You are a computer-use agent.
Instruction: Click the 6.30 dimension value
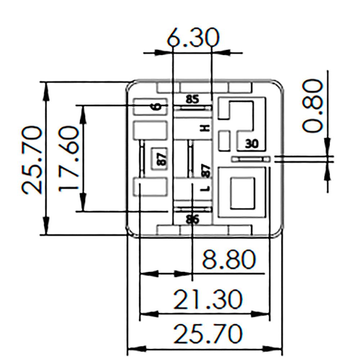click(193, 38)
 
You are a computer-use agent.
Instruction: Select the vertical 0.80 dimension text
click(312, 106)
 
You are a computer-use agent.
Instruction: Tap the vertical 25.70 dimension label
click(31, 159)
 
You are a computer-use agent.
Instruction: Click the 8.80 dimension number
click(229, 260)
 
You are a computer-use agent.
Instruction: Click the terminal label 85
click(193, 99)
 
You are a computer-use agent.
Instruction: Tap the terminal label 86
click(193, 219)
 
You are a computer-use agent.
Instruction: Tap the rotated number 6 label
click(156, 107)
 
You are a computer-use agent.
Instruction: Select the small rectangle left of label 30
click(225, 140)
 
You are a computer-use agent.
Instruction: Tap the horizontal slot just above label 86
click(192, 209)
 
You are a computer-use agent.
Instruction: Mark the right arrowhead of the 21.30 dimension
click(265, 314)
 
